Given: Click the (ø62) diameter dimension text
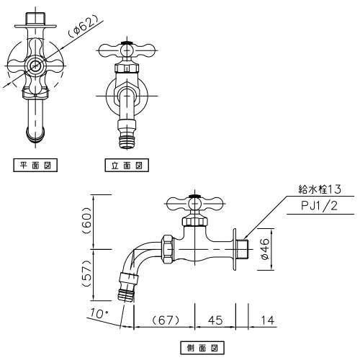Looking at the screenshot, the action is pyautogui.click(x=82, y=27).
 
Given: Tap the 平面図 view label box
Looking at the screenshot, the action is pyautogui.click(x=35, y=165).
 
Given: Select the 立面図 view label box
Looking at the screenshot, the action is pyautogui.click(x=127, y=165).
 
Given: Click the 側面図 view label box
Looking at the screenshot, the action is pyautogui.click(x=202, y=348).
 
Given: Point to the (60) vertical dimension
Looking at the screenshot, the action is pyautogui.click(x=86, y=220).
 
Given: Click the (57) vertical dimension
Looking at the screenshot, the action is pyautogui.click(x=86, y=274).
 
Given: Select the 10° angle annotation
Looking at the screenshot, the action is pyautogui.click(x=99, y=312).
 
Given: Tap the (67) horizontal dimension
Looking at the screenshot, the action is pyautogui.click(x=166, y=320).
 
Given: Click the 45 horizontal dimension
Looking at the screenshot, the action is pyautogui.click(x=215, y=320).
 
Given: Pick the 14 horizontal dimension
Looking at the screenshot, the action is pyautogui.click(x=267, y=320).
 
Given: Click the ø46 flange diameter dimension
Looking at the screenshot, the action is pyautogui.click(x=265, y=249).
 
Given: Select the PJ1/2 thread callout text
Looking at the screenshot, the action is pyautogui.click(x=319, y=206).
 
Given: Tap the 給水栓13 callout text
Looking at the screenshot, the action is pyautogui.click(x=319, y=189).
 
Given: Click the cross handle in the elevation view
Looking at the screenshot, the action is pyautogui.click(x=127, y=50).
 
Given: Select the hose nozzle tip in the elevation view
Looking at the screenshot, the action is pyautogui.click(x=127, y=142).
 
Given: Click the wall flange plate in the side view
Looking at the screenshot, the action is pyautogui.click(x=234, y=249).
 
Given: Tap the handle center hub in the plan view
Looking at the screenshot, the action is pyautogui.click(x=36, y=65).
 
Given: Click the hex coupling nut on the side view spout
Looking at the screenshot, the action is pyautogui.click(x=166, y=249).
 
